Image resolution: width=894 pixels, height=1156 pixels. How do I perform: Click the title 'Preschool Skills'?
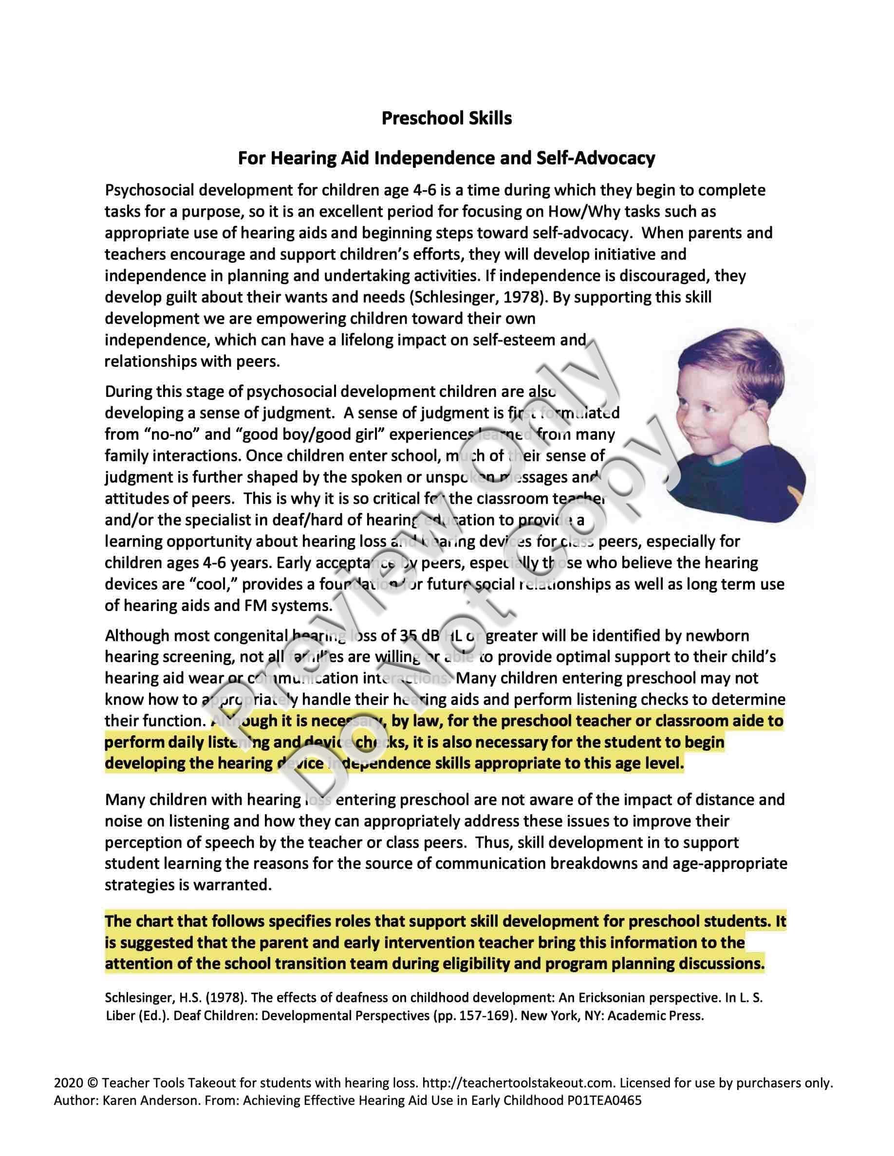coord(447,118)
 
